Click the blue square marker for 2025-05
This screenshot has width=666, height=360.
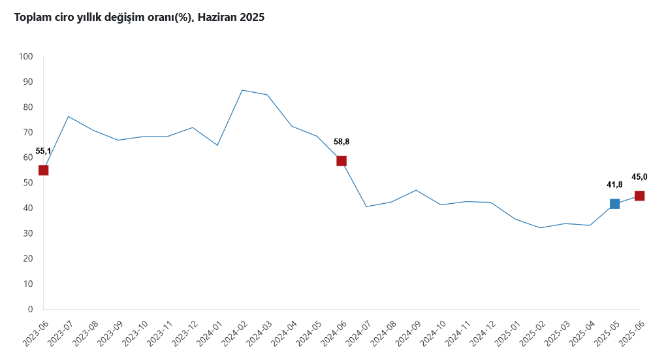pyautogui.click(x=614, y=204)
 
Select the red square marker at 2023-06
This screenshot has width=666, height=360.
pyautogui.click(x=44, y=171)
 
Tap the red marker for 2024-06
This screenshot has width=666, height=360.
pyautogui.click(x=341, y=161)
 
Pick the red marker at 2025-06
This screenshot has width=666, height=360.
pyautogui.click(x=639, y=196)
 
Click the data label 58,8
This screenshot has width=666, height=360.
pyautogui.click(x=341, y=142)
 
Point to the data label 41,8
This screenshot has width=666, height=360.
pyautogui.click(x=614, y=185)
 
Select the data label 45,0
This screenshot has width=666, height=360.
pyautogui.click(x=639, y=177)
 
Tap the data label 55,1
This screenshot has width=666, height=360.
pyautogui.click(x=43, y=151)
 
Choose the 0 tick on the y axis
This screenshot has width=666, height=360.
pyautogui.click(x=30, y=309)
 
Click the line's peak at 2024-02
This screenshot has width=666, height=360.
pyautogui.click(x=242, y=90)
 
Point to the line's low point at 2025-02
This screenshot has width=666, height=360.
pyautogui.click(x=540, y=228)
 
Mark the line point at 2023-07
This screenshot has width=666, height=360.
pyautogui.click(x=69, y=116)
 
